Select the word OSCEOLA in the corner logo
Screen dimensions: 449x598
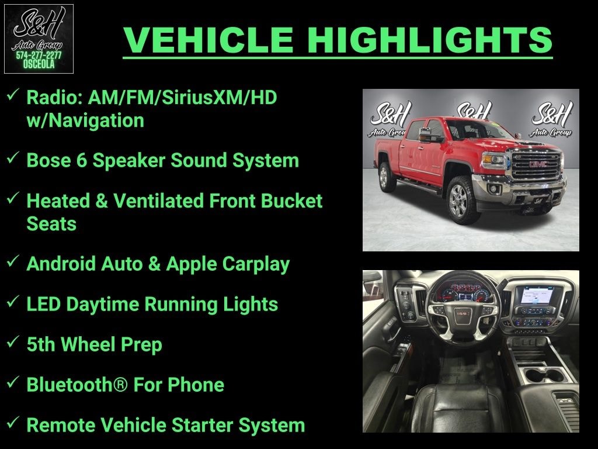coord(39,64)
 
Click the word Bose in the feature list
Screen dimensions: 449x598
coord(47,161)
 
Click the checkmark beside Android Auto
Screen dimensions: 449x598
coord(13,261)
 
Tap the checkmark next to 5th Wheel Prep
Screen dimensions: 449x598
coord(13,342)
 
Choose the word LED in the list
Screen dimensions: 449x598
coord(44,304)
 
